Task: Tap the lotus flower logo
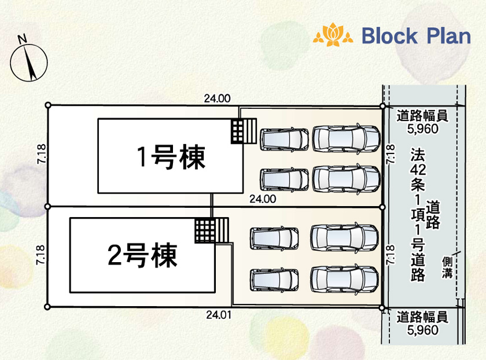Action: [333, 35]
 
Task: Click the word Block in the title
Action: [389, 36]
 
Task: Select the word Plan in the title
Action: [448, 36]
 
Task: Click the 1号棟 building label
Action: [171, 157]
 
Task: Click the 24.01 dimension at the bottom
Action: [218, 315]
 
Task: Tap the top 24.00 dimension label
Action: [217, 98]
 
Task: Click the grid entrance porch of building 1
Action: [243, 130]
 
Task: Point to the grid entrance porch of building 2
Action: [212, 231]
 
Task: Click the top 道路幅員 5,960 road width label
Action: [422, 122]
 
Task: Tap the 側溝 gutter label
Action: [447, 268]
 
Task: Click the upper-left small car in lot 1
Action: [283, 138]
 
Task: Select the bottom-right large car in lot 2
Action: [345, 278]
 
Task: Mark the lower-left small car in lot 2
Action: [275, 280]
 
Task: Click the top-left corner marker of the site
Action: [48, 105]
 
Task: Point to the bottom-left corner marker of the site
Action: [48, 307]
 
